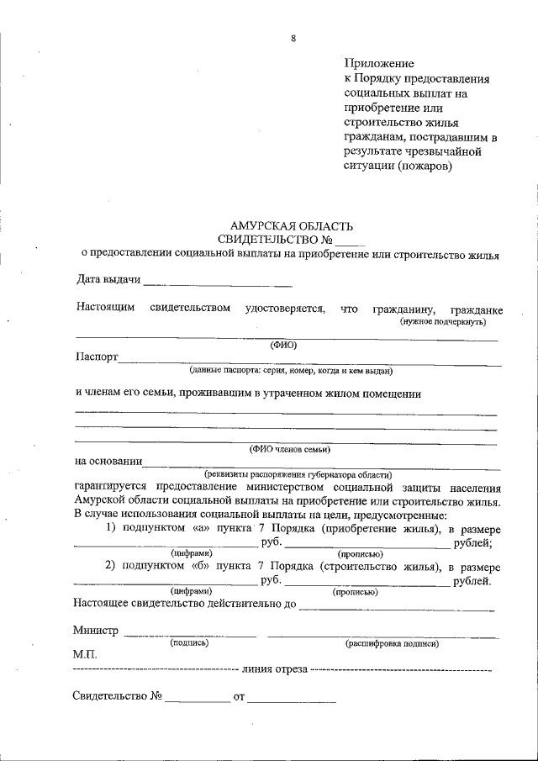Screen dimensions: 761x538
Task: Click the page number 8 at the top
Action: click(x=293, y=38)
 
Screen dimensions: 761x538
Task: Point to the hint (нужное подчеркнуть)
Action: click(x=441, y=321)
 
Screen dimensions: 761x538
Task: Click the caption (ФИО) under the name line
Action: click(x=283, y=345)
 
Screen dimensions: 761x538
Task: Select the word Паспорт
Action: click(x=96, y=357)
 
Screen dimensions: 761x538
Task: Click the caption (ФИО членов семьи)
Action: click(x=288, y=450)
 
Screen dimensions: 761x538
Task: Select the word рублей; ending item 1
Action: click(x=478, y=542)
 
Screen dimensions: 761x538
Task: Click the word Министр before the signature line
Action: click(x=96, y=630)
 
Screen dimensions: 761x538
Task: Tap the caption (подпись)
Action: click(x=189, y=642)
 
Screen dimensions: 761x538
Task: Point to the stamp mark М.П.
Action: click(x=86, y=653)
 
